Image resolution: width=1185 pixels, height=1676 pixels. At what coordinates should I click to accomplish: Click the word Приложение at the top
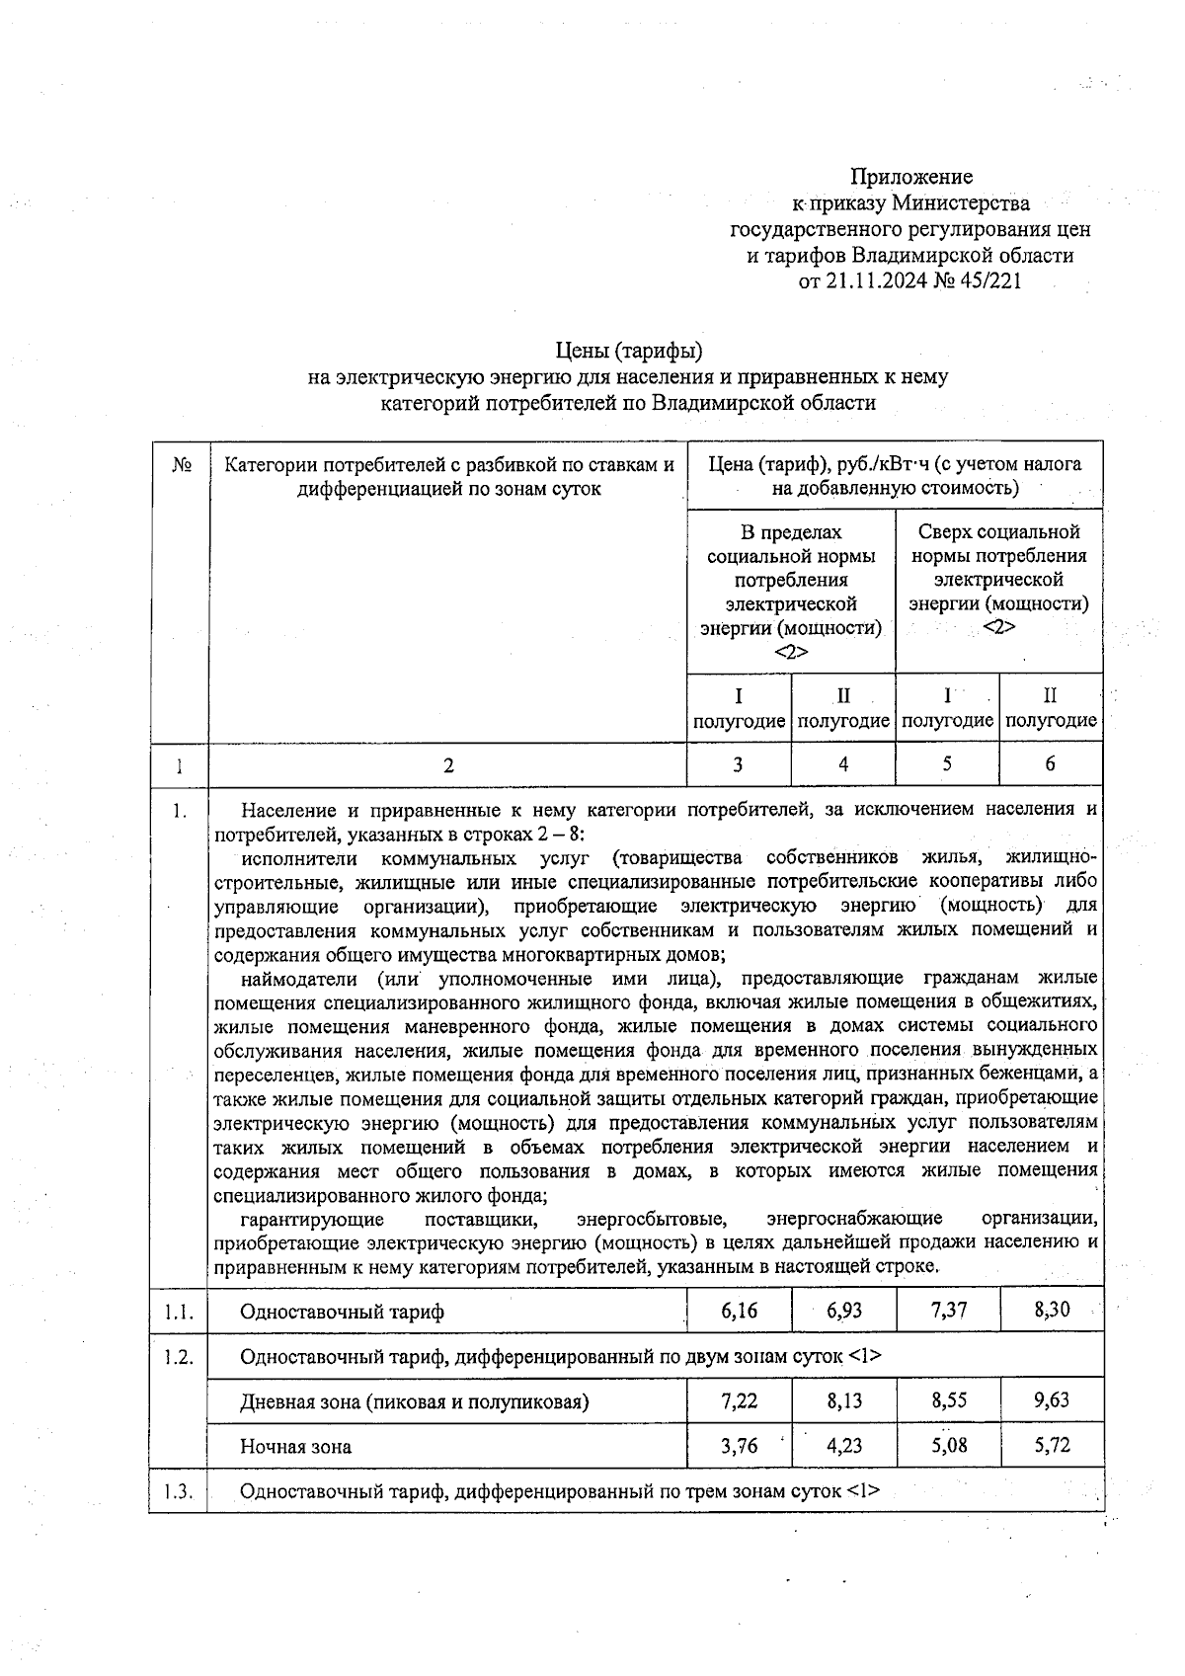[911, 177]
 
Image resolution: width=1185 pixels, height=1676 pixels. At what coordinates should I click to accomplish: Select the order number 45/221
[987, 281]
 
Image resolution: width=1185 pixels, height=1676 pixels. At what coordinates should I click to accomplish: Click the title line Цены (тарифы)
[628, 351]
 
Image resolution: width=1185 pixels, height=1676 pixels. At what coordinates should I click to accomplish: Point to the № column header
[181, 464]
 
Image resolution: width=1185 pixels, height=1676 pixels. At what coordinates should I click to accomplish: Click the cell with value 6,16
[739, 1311]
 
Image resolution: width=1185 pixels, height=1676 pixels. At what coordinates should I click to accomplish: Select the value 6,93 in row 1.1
[843, 1311]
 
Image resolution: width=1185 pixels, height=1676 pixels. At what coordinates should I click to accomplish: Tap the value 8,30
[1051, 1311]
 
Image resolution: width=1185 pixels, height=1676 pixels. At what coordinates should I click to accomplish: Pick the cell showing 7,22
[739, 1400]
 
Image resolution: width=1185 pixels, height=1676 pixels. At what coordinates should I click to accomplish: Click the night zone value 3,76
[739, 1446]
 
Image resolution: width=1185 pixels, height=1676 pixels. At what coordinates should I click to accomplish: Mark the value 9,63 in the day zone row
[1051, 1400]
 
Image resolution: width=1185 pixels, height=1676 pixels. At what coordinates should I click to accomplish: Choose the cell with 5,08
[947, 1446]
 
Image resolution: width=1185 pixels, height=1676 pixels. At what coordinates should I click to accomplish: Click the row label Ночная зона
[295, 1447]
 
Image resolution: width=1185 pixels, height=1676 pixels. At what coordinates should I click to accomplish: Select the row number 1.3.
[179, 1491]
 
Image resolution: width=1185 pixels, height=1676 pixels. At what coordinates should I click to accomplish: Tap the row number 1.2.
[179, 1357]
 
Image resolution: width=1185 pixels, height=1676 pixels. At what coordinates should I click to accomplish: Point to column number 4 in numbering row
[843, 763]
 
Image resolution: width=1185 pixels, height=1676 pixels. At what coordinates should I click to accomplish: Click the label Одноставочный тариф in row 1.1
[342, 1312]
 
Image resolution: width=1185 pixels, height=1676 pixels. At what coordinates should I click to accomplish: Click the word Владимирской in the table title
[718, 403]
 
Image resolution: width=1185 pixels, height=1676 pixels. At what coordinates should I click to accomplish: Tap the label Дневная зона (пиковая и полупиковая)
[414, 1401]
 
